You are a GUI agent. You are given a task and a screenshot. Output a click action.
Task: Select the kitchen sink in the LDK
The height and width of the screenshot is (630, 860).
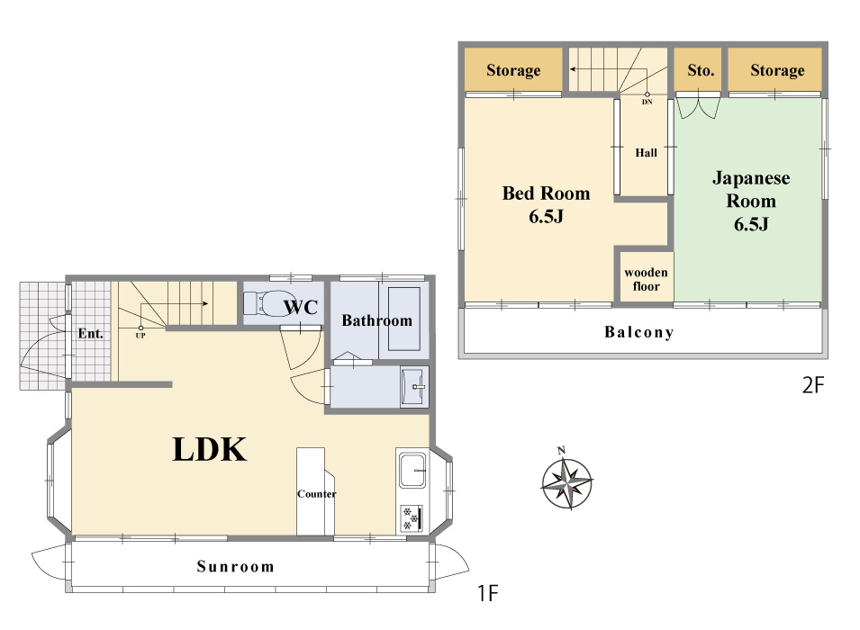pyautogui.click(x=412, y=470)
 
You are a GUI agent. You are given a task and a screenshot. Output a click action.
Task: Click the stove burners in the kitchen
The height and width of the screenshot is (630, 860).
pyautogui.click(x=412, y=518)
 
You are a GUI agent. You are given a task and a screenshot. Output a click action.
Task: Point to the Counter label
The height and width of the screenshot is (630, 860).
pyautogui.click(x=316, y=494)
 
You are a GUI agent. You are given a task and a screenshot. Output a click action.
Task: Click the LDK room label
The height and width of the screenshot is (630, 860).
pyautogui.click(x=210, y=450)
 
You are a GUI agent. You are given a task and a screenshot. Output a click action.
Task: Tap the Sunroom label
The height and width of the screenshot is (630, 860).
pyautogui.click(x=235, y=566)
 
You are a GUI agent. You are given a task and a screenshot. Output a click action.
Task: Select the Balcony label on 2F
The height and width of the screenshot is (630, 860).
pyautogui.click(x=639, y=332)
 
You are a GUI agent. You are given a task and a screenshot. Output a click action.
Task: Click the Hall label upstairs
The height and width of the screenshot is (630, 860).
pyautogui.click(x=646, y=153)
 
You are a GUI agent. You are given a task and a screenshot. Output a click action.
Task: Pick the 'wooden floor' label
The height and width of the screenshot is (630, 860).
pyautogui.click(x=646, y=279)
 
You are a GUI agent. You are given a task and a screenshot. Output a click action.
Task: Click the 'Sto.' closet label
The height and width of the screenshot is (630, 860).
pyautogui.click(x=701, y=70)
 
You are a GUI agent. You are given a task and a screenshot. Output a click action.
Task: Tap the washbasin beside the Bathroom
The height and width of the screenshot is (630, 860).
pyautogui.click(x=414, y=387)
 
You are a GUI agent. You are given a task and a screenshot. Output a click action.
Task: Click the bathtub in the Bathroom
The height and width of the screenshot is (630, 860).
pyautogui.click(x=404, y=318)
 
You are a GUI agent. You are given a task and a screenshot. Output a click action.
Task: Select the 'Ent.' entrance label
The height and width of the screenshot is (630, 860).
pyautogui.click(x=90, y=333)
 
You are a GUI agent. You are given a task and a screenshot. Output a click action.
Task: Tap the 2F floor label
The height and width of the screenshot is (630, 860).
pyautogui.click(x=813, y=385)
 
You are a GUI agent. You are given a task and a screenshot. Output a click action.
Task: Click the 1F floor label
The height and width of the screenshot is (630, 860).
pyautogui.click(x=487, y=593)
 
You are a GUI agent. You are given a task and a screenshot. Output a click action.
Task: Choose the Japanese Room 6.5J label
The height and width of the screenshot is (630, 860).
pyautogui.click(x=751, y=201)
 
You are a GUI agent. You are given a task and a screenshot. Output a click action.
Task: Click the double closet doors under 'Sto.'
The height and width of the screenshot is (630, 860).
pyautogui.click(x=698, y=107)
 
